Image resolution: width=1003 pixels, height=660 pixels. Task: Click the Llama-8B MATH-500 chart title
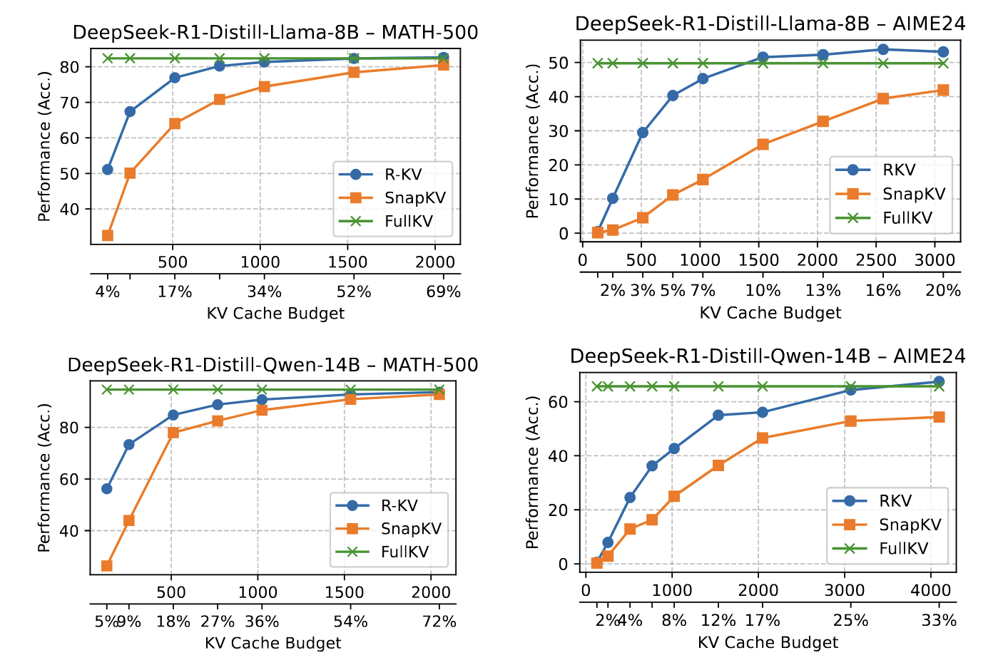[x=275, y=33]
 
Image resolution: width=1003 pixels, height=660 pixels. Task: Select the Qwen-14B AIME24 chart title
[x=768, y=356]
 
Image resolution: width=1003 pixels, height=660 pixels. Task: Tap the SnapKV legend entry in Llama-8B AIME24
[x=913, y=194]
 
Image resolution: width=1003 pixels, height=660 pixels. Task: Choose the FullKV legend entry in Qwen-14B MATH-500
[x=404, y=552]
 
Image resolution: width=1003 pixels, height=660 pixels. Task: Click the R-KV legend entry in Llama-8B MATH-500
[x=403, y=175]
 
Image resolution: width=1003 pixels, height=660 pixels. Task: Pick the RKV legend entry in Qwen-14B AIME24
[x=895, y=501]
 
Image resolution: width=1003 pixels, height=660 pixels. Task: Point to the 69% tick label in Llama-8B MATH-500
[x=443, y=292]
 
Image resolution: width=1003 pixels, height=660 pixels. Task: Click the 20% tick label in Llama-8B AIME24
[x=943, y=291]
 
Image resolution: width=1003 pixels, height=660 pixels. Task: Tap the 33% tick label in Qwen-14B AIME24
[x=939, y=621]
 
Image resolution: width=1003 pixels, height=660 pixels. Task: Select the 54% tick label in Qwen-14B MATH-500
[x=350, y=622]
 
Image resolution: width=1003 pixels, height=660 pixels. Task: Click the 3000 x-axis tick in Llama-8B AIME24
[x=935, y=260]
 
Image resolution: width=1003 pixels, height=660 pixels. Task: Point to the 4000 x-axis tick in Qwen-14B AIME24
[x=931, y=591]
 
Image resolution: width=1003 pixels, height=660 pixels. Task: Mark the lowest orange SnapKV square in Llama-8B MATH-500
[x=108, y=235]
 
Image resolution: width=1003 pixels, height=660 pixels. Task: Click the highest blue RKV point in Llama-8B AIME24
[x=883, y=49]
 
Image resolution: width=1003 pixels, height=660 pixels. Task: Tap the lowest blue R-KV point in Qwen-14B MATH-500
[x=107, y=489]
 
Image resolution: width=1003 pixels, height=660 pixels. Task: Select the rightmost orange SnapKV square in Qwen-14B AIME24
[x=939, y=417]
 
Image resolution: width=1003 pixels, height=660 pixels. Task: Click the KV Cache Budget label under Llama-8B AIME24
[x=770, y=313]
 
